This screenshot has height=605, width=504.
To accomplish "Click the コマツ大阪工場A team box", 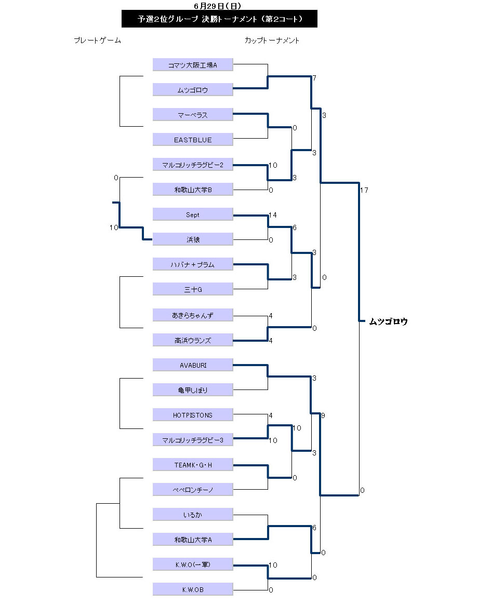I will pyautogui.click(x=193, y=65).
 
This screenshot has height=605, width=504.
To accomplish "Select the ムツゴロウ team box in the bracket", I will pyautogui.click(x=193, y=90).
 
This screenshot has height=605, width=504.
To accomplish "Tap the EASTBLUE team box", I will pyautogui.click(x=193, y=140).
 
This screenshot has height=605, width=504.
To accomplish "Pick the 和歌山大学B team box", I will pyautogui.click(x=193, y=190).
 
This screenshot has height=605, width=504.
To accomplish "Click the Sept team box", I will pyautogui.click(x=193, y=214).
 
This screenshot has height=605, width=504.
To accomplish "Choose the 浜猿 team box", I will pyautogui.click(x=193, y=239).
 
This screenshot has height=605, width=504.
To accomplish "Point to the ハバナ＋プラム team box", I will pyautogui.click(x=193, y=264).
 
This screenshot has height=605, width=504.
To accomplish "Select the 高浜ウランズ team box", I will pyautogui.click(x=193, y=341).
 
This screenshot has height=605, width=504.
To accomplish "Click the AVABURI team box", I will pyautogui.click(x=193, y=365).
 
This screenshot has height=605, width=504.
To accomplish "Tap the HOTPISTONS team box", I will pyautogui.click(x=193, y=415).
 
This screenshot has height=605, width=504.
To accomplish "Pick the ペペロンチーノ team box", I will pyautogui.click(x=193, y=489).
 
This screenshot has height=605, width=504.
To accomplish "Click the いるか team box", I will pyautogui.click(x=193, y=515).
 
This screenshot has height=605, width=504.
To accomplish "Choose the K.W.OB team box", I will pyautogui.click(x=193, y=589).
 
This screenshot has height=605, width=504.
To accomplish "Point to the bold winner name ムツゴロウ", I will pyautogui.click(x=388, y=321).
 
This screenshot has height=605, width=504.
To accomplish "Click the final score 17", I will pyautogui.click(x=364, y=190).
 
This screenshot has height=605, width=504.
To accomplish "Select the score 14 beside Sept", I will pyautogui.click(x=273, y=214).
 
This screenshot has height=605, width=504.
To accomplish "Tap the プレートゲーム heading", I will pyautogui.click(x=97, y=41).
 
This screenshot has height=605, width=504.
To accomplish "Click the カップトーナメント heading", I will pyautogui.click(x=272, y=41).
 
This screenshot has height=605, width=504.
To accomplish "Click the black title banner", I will pyautogui.click(x=219, y=19).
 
